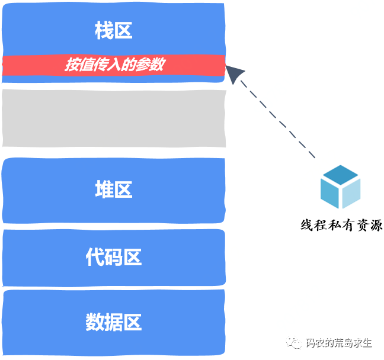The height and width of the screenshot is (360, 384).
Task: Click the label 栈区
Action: click(x=113, y=31)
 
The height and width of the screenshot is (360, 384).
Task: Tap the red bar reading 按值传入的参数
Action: click(x=114, y=65)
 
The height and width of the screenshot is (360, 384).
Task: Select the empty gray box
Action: click(x=114, y=118)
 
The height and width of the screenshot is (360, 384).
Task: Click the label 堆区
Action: click(x=113, y=190)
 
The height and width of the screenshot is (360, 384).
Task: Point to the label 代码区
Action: click(x=113, y=258)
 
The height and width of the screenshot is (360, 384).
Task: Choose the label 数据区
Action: click(x=113, y=323)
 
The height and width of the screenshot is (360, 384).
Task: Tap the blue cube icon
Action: click(x=340, y=187)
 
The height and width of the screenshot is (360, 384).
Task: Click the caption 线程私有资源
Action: click(x=341, y=225)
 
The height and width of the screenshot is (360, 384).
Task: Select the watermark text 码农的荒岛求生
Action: click(x=339, y=343)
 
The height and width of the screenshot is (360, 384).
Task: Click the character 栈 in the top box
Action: click(x=104, y=31)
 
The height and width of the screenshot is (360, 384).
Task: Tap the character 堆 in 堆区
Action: click(x=104, y=190)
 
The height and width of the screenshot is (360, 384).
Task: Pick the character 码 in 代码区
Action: click(x=113, y=258)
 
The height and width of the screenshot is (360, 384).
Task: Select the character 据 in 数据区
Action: click(x=113, y=323)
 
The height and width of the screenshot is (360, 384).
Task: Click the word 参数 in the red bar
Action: click(x=151, y=65)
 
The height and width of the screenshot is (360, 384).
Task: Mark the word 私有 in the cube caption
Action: click(x=341, y=225)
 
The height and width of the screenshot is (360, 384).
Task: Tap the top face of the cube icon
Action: click(x=340, y=175)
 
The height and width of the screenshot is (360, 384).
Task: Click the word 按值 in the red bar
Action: click(x=76, y=65)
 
